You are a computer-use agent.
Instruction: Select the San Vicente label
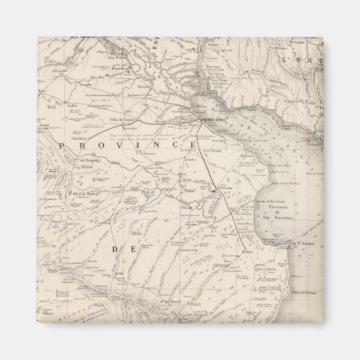coord(212,151)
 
